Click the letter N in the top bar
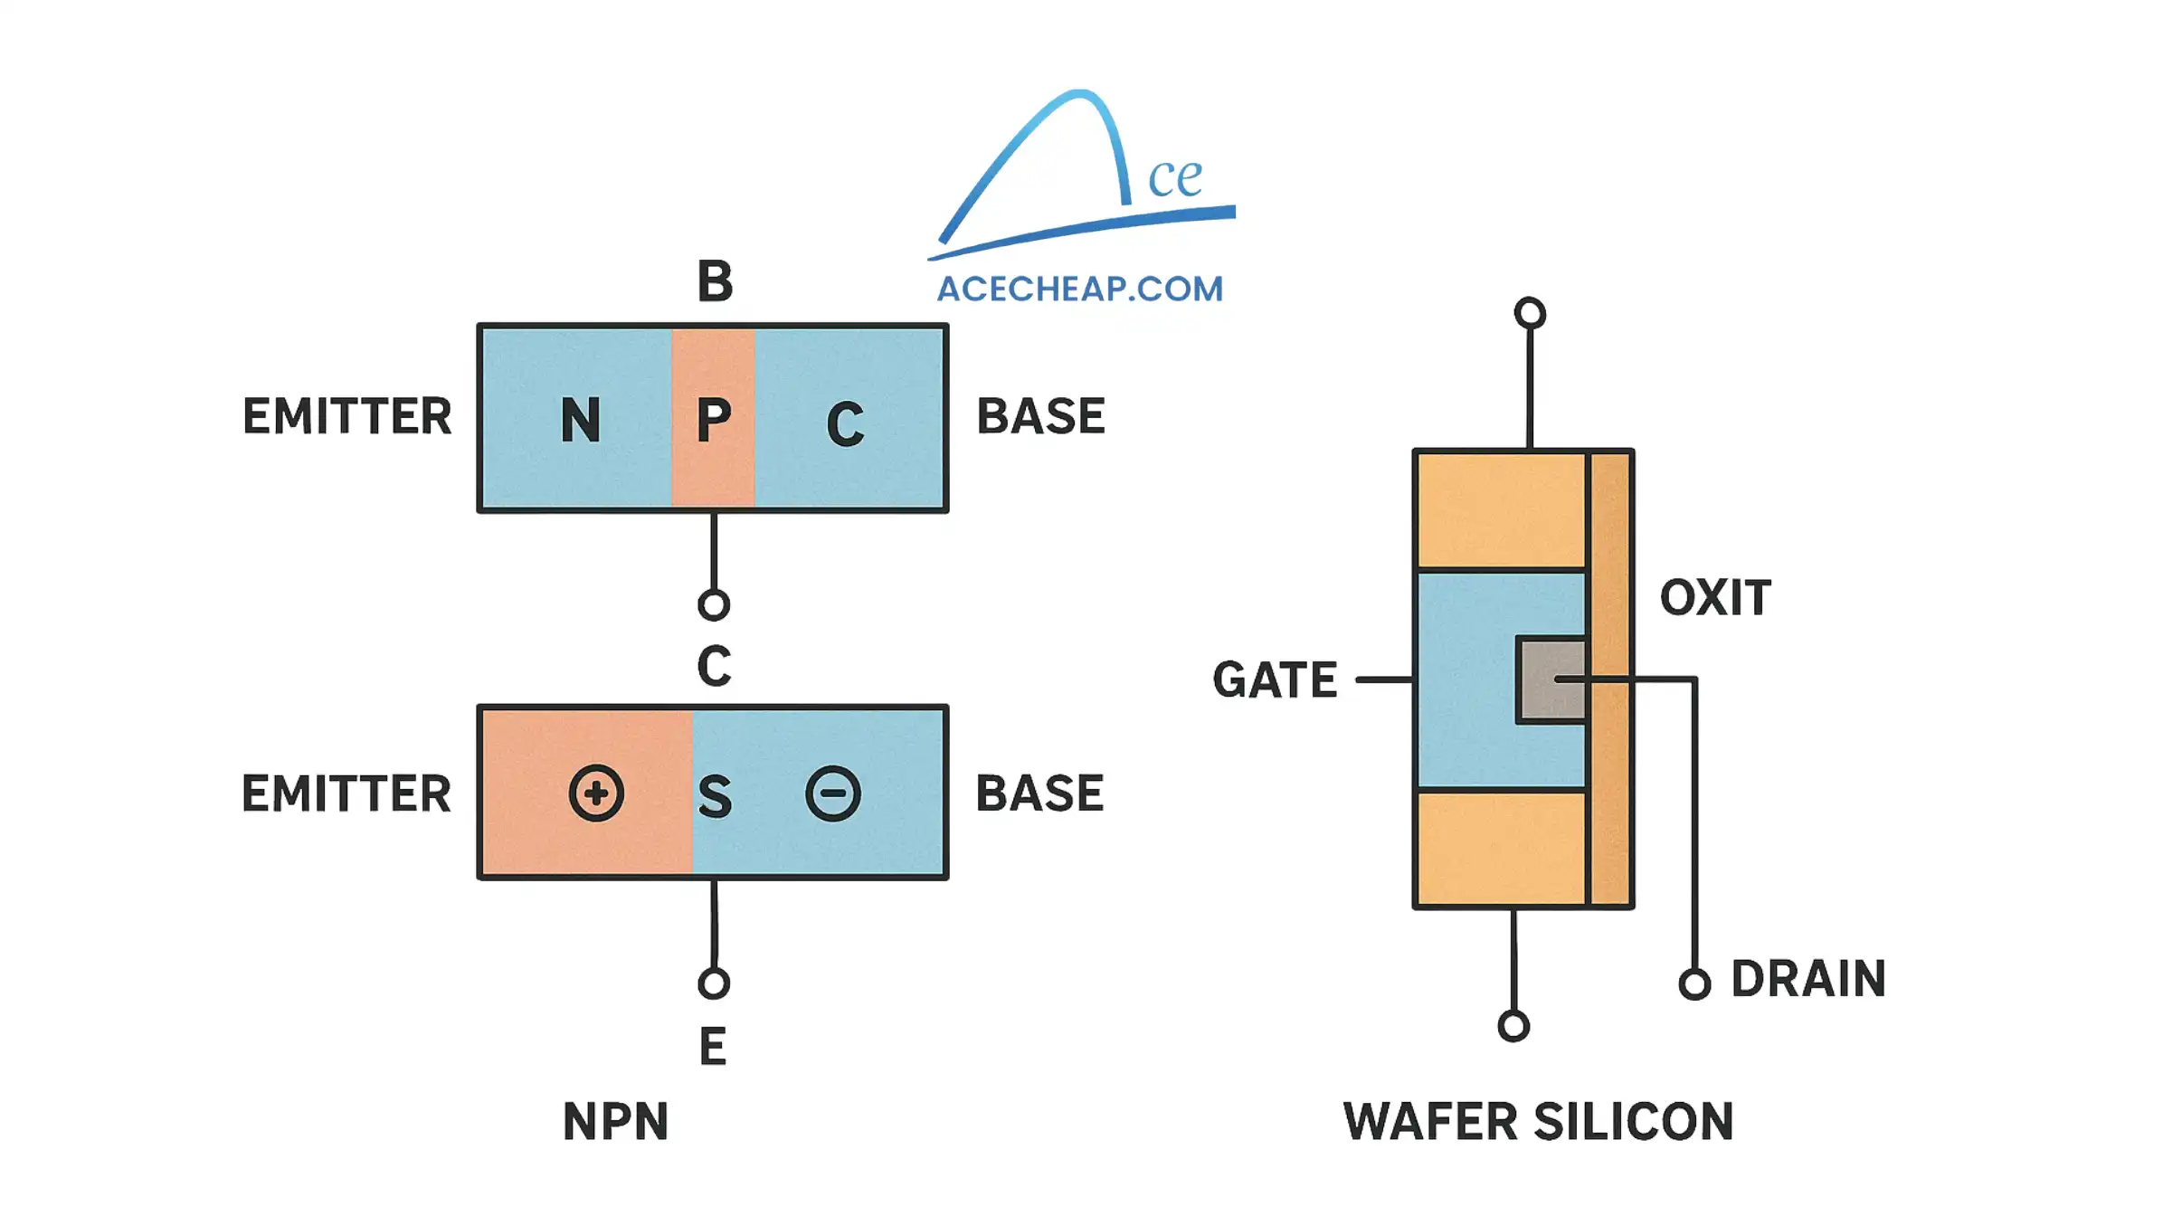point(580,420)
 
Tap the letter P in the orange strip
point(713,420)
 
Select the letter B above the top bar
point(715,281)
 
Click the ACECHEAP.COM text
point(1079,290)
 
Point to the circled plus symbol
point(596,793)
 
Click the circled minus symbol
point(833,793)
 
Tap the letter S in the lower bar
point(715,797)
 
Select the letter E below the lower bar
point(713,1047)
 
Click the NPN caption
point(615,1122)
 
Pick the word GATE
point(1275,680)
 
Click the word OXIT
point(1715,598)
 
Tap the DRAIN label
point(1807,979)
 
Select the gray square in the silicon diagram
point(1551,680)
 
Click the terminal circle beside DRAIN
point(1694,983)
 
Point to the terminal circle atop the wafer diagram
point(1530,313)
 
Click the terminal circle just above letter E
point(714,983)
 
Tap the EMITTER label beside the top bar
point(346,416)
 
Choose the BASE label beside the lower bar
point(1039,793)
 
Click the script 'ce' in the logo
point(1174,177)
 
